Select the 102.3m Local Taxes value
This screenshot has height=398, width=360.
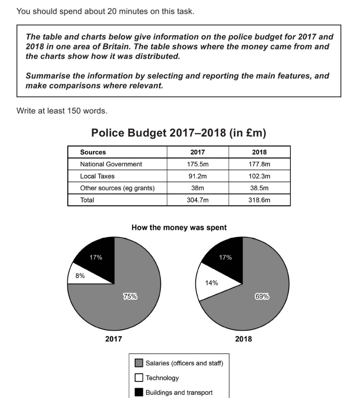(259, 176)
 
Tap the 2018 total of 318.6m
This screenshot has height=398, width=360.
(259, 200)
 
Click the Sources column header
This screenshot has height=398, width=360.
(93, 153)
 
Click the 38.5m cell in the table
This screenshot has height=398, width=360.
(259, 189)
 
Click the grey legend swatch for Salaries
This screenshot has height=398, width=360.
(139, 363)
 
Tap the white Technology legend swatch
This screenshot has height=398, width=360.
(139, 378)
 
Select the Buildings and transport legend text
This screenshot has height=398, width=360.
(179, 392)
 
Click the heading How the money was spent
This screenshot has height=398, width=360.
(179, 227)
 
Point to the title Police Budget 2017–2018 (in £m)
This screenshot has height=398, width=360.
(179, 133)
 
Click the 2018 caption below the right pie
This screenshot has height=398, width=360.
(243, 339)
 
